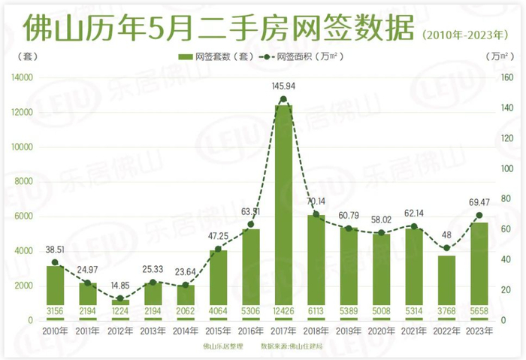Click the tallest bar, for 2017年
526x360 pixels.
click(x=283, y=210)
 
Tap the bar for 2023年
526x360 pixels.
click(x=479, y=271)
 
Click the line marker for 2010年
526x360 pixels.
click(x=55, y=262)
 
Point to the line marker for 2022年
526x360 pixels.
click(x=446, y=248)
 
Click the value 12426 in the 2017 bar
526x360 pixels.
click(x=283, y=310)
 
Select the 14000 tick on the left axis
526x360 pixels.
click(x=22, y=77)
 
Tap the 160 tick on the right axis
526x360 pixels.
click(x=506, y=77)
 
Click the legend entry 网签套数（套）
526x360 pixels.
click(x=214, y=56)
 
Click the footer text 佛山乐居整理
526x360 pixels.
click(x=222, y=346)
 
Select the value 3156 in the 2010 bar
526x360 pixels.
click(x=55, y=310)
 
